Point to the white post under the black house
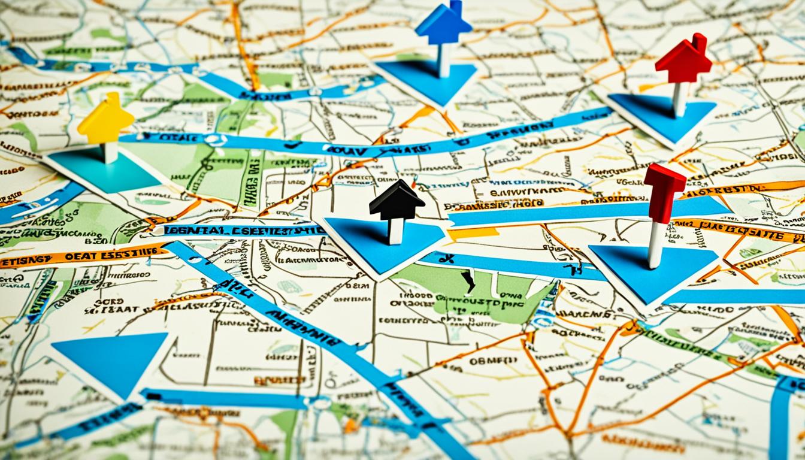pyautogui.click(x=396, y=231)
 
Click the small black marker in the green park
pyautogui.click(x=468, y=280)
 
